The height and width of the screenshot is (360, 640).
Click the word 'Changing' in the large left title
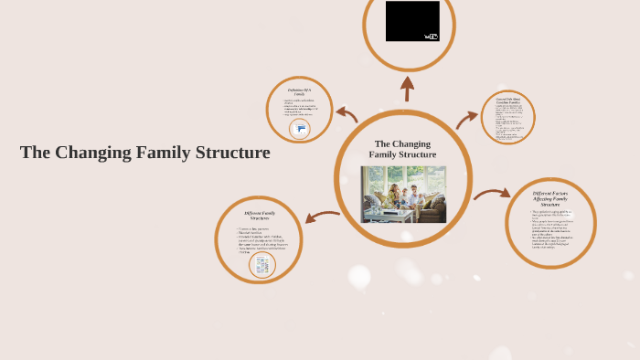pos(97,153)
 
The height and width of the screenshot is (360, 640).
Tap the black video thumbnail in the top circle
pos(411,21)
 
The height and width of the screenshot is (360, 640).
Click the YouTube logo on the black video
pos(432,37)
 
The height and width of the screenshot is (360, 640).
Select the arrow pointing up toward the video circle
pos(408,88)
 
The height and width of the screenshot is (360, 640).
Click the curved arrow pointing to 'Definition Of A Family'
pos(347,114)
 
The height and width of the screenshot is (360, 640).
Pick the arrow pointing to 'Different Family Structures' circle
pos(321,217)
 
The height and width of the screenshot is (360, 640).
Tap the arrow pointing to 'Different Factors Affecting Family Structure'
pos(492,193)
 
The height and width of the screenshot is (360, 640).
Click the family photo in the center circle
pos(403,195)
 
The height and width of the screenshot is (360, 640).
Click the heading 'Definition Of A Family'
pos(300,92)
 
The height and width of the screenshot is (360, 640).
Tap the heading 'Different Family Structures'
pos(258,216)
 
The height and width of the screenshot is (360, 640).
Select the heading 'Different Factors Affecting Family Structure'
pos(549,198)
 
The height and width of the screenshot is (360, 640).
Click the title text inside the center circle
pos(402,149)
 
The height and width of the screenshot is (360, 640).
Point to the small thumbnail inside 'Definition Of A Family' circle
pos(299,131)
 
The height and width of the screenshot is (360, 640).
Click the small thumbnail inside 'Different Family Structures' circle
pos(262,265)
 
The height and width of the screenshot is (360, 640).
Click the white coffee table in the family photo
pos(379,215)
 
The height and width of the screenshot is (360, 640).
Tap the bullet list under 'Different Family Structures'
pos(258,239)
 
